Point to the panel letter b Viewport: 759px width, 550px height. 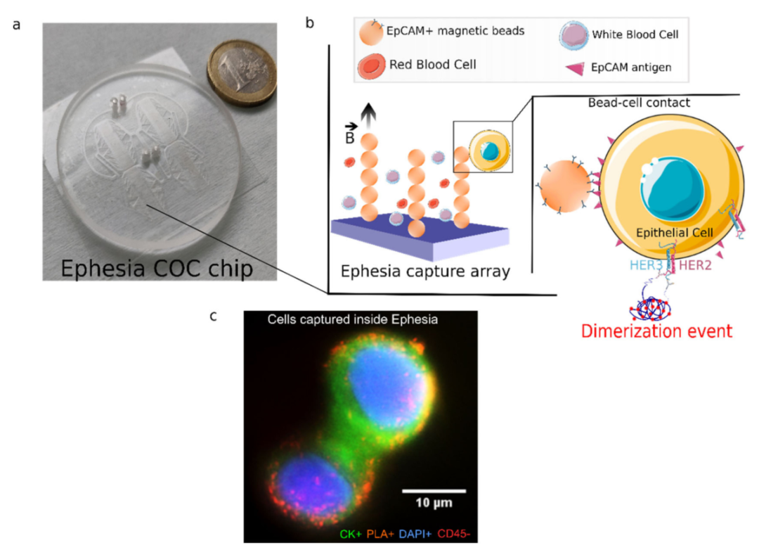tap(309, 23)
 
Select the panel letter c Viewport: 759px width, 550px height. tap(213, 316)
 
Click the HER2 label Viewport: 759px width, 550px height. tap(656, 265)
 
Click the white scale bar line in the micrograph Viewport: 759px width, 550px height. tap(434, 489)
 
